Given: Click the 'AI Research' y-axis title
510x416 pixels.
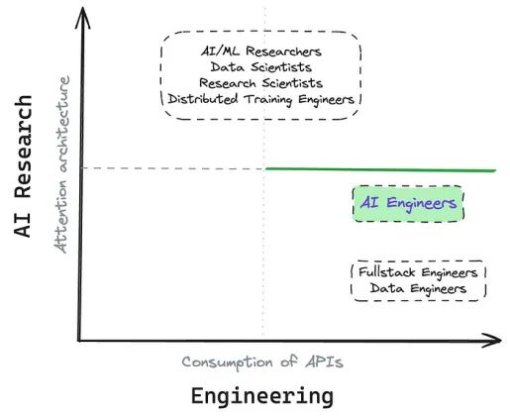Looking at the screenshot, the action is (23, 166).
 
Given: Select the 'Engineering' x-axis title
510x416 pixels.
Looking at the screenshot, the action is (262, 396).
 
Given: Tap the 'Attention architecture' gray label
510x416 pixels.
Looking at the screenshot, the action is (61, 164).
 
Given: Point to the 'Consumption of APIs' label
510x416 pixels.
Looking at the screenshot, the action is (262, 363).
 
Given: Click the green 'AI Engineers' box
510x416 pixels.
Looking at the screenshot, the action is (408, 203).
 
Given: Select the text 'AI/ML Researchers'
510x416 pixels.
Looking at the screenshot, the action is (261, 52).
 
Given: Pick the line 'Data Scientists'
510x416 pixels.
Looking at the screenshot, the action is (261, 67).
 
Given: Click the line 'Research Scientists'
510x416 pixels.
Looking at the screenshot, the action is (261, 83).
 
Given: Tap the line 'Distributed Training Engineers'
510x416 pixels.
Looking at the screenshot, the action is (261, 99).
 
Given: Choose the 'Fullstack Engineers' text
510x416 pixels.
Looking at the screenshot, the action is (418, 272).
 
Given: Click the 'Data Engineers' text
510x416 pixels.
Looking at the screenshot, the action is (418, 288).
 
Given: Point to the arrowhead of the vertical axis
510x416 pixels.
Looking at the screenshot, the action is (82, 17).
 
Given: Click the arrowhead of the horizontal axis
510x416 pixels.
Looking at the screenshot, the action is (492, 341).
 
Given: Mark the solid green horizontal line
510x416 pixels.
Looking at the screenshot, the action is (380, 169).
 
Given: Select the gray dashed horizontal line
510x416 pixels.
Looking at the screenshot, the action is (173, 168).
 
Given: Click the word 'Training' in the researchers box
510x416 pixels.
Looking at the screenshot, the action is (268, 100).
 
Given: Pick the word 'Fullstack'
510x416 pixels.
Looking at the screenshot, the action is (387, 272).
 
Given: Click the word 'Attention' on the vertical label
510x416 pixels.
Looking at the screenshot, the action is (61, 217).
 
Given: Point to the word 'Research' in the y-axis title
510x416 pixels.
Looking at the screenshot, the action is (23, 146).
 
